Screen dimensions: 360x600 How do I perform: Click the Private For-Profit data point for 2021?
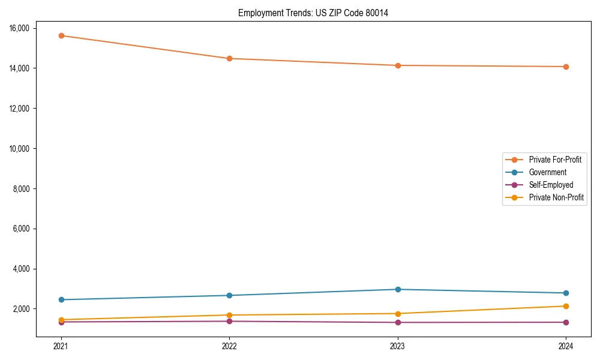(61, 35)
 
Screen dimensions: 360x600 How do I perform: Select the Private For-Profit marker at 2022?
(229, 58)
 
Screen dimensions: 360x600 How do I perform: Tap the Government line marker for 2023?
(397, 289)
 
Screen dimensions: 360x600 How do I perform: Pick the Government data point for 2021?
(61, 299)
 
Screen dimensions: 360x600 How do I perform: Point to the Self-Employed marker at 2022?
(229, 321)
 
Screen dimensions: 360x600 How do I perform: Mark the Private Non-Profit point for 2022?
(229, 315)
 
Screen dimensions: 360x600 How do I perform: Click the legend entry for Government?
(547, 172)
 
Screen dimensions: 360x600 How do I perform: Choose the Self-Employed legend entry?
(551, 185)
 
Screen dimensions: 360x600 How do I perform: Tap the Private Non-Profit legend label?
(556, 197)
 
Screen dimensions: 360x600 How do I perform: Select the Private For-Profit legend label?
(554, 160)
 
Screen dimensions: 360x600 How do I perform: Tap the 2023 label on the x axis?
(397, 346)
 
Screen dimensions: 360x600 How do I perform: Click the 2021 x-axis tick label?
(61, 346)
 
